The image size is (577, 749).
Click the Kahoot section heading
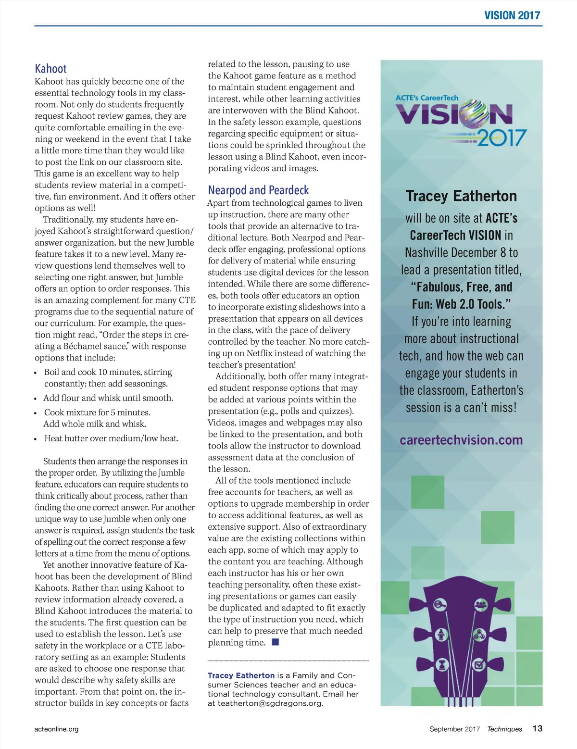(50, 69)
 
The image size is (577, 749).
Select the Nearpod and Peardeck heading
(258, 190)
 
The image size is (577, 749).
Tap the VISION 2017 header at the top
(512, 15)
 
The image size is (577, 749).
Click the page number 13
(537, 728)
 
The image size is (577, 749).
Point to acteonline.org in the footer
(56, 729)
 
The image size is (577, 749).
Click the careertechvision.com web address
(461, 440)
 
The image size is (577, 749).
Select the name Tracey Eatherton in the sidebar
(461, 196)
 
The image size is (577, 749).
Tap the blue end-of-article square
(276, 642)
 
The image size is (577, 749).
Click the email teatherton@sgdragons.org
(270, 703)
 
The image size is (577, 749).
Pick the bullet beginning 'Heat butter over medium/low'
(111, 438)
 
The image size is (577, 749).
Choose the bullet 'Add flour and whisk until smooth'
(108, 398)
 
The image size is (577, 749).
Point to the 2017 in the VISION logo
(502, 138)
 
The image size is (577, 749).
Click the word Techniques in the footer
(504, 729)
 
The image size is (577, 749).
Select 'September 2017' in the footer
(454, 729)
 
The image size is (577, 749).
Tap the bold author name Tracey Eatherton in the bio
(241, 675)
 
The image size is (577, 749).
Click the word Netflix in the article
(260, 353)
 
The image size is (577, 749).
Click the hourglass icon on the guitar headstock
(442, 665)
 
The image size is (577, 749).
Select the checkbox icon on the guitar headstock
(479, 665)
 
